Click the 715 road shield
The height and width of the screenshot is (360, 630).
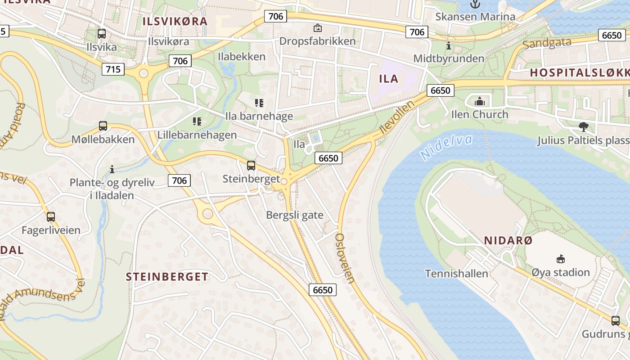pyautogui.click(x=113, y=69)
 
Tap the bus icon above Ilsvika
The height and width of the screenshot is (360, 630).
pyautogui.click(x=102, y=33)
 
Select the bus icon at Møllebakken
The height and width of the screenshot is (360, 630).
pyautogui.click(x=103, y=126)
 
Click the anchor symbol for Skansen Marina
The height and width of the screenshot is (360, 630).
pyautogui.click(x=475, y=4)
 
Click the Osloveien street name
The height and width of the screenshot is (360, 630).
pyautogui.click(x=345, y=258)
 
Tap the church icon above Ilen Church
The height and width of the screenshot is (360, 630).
pyautogui.click(x=480, y=101)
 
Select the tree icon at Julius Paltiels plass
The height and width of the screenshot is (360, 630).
pyautogui.click(x=584, y=127)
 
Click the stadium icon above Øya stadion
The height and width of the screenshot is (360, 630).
pyautogui.click(x=560, y=259)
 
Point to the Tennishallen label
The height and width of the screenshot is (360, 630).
pyautogui.click(x=456, y=274)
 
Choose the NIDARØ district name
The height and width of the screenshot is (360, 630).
pyautogui.click(x=508, y=241)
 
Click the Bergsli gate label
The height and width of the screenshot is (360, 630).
pyautogui.click(x=295, y=215)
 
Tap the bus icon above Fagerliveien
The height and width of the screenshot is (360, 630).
pyautogui.click(x=51, y=217)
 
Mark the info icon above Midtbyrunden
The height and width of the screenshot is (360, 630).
pyautogui.click(x=449, y=45)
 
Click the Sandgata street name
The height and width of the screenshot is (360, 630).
pyautogui.click(x=547, y=43)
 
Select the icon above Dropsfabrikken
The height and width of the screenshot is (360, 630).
pyautogui.click(x=318, y=28)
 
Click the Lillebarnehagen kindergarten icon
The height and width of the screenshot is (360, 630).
pyautogui.click(x=197, y=121)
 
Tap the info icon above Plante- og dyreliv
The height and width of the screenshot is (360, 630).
pyautogui.click(x=112, y=169)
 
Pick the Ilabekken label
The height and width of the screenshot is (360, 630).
pyautogui.click(x=242, y=57)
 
